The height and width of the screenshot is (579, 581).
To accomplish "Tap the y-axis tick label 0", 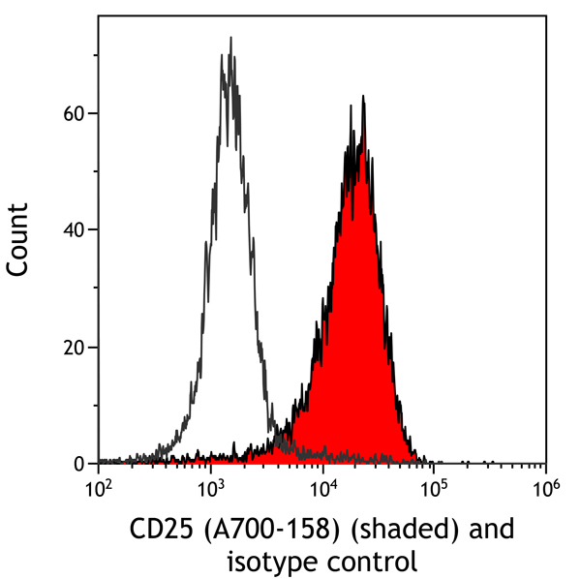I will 81,465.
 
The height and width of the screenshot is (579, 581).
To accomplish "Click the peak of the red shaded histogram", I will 362,97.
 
